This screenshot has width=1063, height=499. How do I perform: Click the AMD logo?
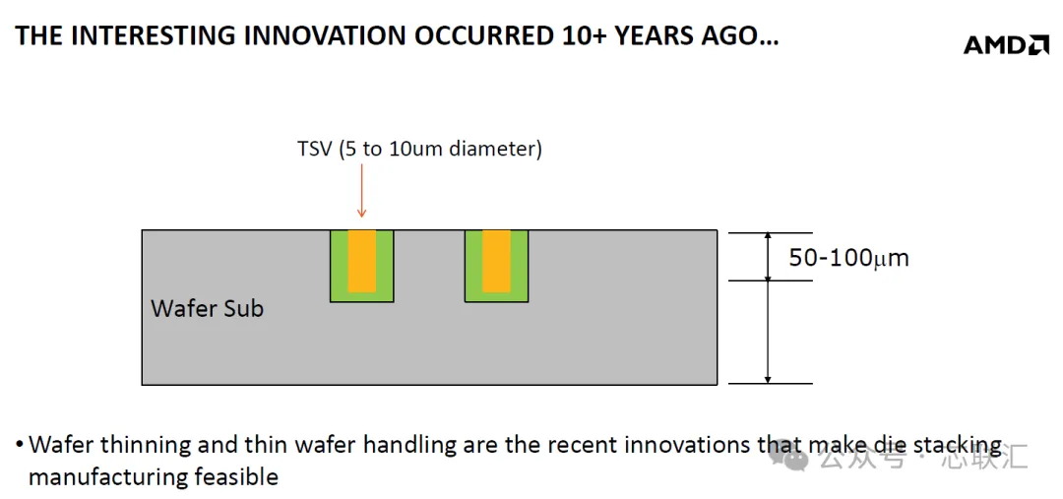coord(1006,44)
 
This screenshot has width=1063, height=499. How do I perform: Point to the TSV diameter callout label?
coord(419,150)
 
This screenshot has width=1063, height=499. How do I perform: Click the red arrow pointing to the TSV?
coord(361,191)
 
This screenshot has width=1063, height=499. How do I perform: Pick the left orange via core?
coord(362,261)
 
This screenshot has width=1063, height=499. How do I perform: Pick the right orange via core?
coord(496,261)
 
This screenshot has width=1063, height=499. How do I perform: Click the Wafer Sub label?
coord(207,308)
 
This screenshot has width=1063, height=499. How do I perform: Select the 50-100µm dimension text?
coord(848,258)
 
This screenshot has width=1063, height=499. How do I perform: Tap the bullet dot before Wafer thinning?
coord(20,446)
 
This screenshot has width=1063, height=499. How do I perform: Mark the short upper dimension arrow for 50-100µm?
coord(768,256)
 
